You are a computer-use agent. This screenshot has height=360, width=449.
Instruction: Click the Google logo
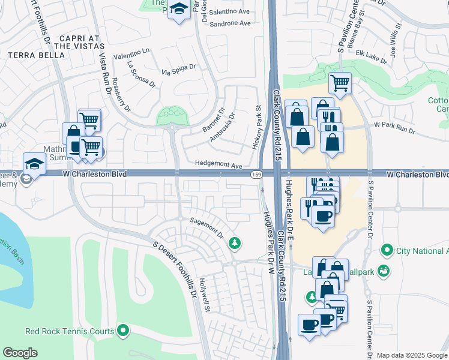20,353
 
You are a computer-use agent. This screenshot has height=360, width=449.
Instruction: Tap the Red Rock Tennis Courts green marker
123,331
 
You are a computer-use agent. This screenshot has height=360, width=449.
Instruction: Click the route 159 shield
255,174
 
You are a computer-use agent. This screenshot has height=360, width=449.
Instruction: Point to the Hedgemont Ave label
218,165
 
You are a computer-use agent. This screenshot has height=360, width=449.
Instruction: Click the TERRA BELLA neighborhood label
36,55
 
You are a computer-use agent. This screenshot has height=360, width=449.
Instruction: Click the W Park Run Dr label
394,127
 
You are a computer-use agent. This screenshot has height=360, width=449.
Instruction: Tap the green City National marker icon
387,250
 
